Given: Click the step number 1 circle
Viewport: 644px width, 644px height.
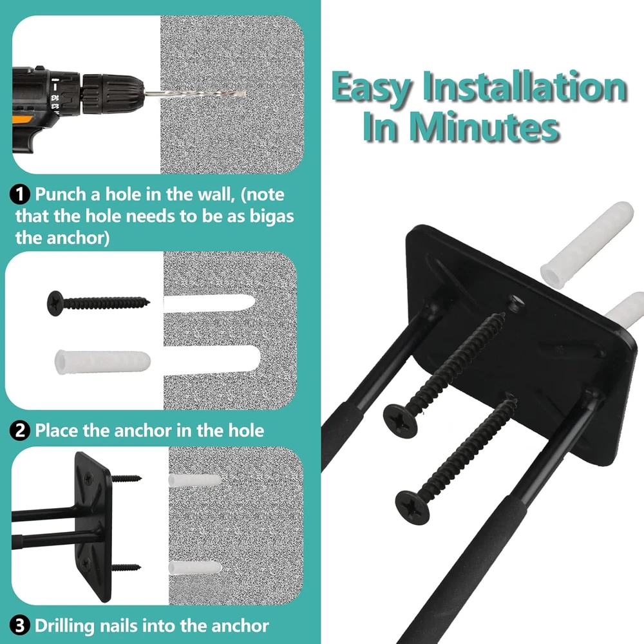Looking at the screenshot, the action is (20, 194).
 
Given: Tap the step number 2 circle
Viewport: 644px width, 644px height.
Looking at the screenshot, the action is (20, 431).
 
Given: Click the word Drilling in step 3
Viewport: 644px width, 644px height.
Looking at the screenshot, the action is (65, 627).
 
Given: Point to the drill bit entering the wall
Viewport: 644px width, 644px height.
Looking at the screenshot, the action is (195, 94).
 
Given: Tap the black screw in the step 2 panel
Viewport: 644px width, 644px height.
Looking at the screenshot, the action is (98, 303).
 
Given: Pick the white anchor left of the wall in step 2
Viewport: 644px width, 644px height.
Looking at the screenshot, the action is (102, 362).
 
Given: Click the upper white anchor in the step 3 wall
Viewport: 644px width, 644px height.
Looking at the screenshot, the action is (194, 480).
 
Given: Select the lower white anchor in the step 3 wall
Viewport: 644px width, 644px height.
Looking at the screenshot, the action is (194, 567).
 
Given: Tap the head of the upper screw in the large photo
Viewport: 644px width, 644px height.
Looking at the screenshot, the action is (401, 421).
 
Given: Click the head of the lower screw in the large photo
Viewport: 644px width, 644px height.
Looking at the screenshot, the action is (412, 507).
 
